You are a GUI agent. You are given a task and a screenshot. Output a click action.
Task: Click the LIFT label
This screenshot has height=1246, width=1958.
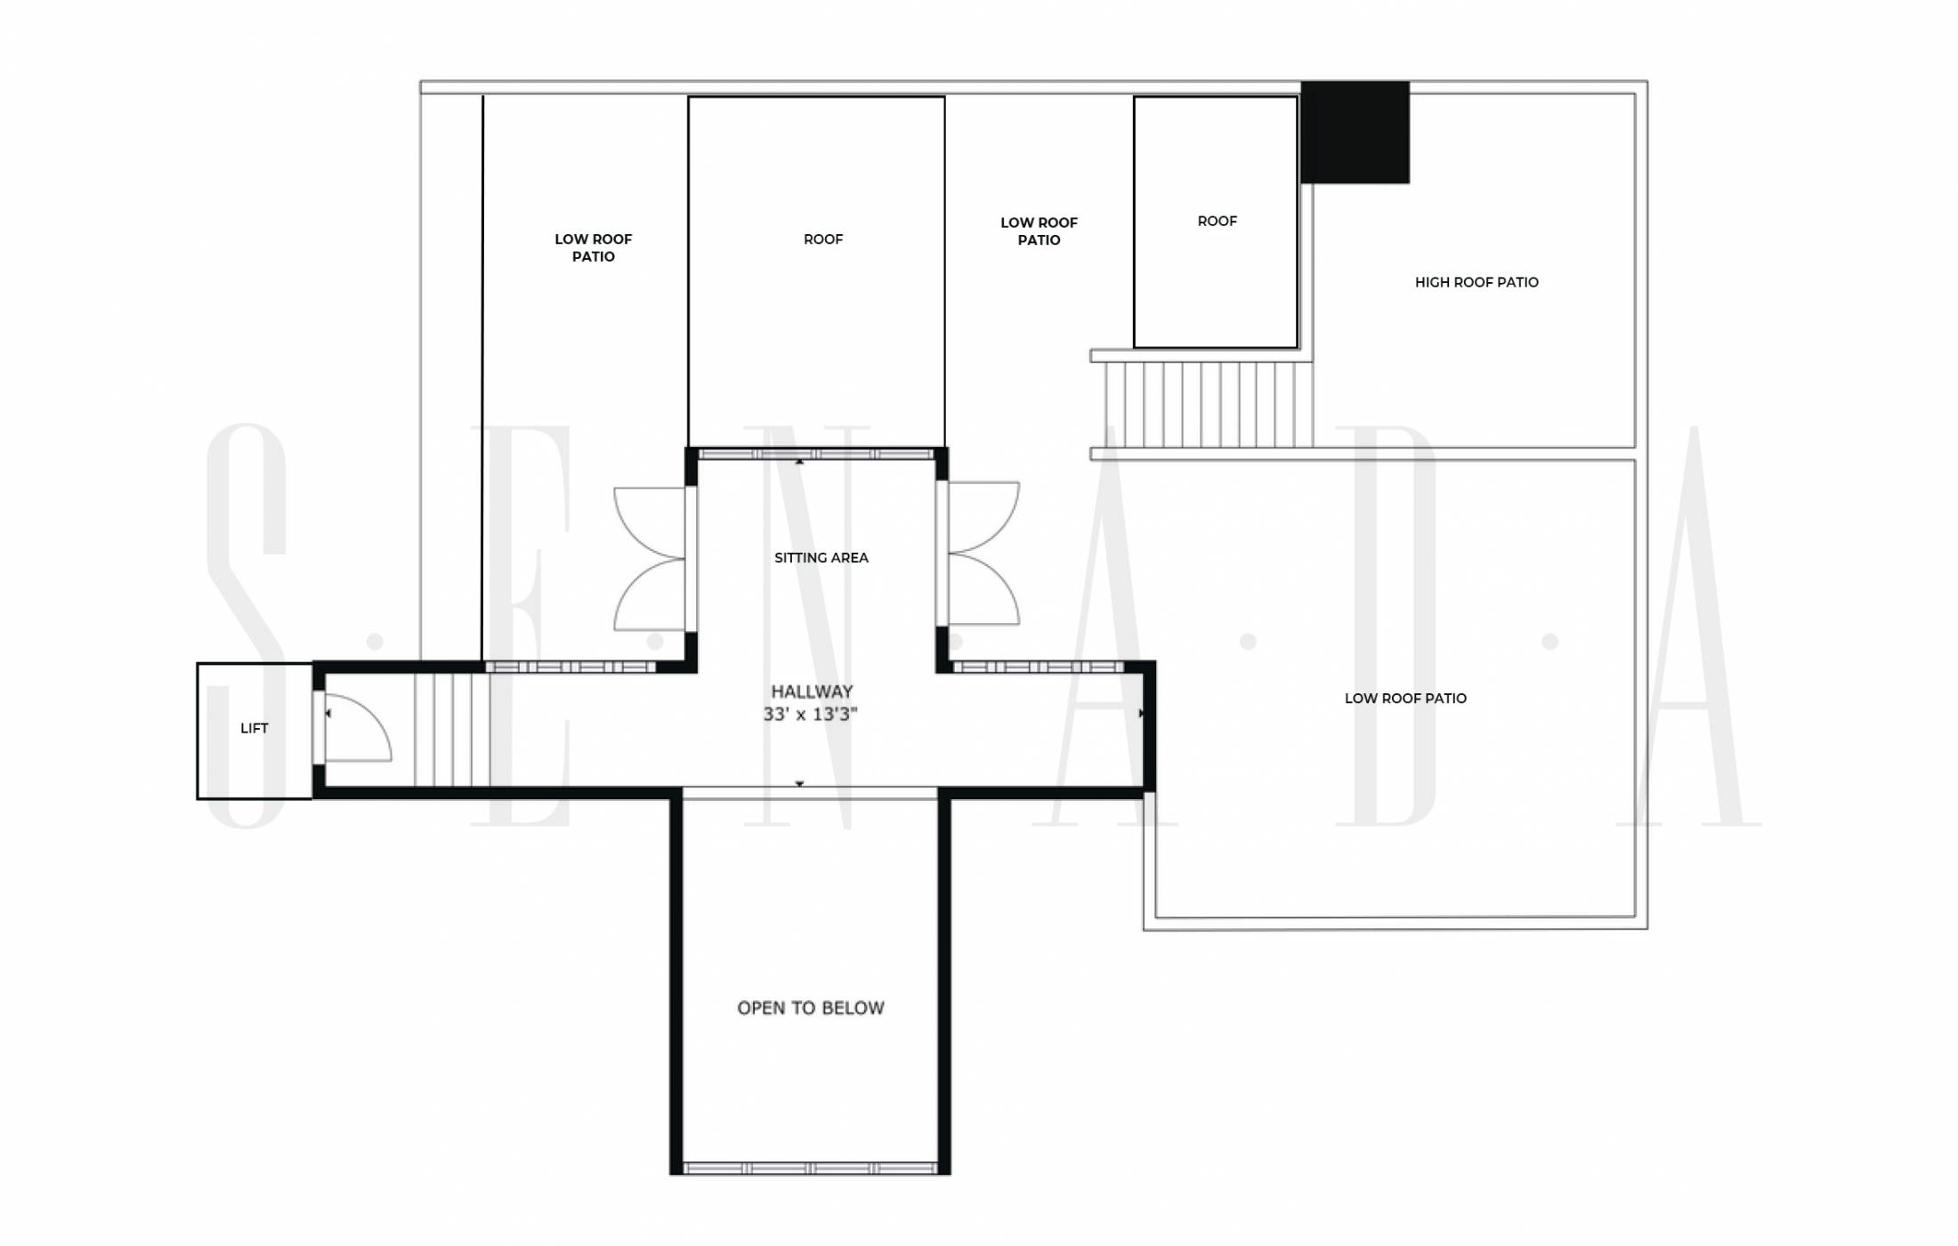click(254, 728)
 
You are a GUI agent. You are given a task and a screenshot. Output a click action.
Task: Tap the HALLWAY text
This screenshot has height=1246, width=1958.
click(812, 692)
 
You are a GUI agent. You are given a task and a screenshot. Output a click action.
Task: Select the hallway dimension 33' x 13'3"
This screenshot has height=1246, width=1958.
click(810, 714)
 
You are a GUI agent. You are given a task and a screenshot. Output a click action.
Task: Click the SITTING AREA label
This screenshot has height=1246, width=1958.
click(821, 558)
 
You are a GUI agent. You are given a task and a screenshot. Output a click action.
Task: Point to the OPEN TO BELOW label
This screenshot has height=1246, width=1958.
click(811, 1007)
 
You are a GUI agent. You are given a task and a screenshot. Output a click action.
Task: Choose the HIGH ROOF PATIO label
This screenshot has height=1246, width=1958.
click(1477, 282)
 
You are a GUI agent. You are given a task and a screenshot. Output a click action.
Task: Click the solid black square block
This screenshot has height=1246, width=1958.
click(1355, 133)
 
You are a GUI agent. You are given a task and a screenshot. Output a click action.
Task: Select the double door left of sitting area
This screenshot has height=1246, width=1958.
click(651, 559)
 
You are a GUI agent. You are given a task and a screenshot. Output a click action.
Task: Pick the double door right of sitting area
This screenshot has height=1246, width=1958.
click(983, 553)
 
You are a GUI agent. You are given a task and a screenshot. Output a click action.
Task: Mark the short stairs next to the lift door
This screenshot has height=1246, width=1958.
click(452, 730)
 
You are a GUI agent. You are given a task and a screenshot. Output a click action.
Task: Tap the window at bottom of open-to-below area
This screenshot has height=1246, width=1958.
click(810, 1169)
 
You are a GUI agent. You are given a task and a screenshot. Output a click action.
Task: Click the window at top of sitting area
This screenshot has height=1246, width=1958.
click(816, 454)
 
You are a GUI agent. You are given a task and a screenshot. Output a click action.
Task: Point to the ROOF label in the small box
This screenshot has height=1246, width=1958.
click(1217, 221)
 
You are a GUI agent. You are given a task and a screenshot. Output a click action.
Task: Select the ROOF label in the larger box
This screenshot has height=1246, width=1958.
click(823, 239)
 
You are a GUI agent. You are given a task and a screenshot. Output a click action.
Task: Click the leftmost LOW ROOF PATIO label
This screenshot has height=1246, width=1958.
click(594, 247)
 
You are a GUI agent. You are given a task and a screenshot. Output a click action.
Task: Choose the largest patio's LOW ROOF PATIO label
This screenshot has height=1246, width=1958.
click(1405, 699)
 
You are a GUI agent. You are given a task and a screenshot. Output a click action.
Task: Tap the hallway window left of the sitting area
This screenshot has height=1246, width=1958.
click(570, 667)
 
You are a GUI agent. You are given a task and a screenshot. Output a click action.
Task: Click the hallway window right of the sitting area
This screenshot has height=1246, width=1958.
click(1038, 667)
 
